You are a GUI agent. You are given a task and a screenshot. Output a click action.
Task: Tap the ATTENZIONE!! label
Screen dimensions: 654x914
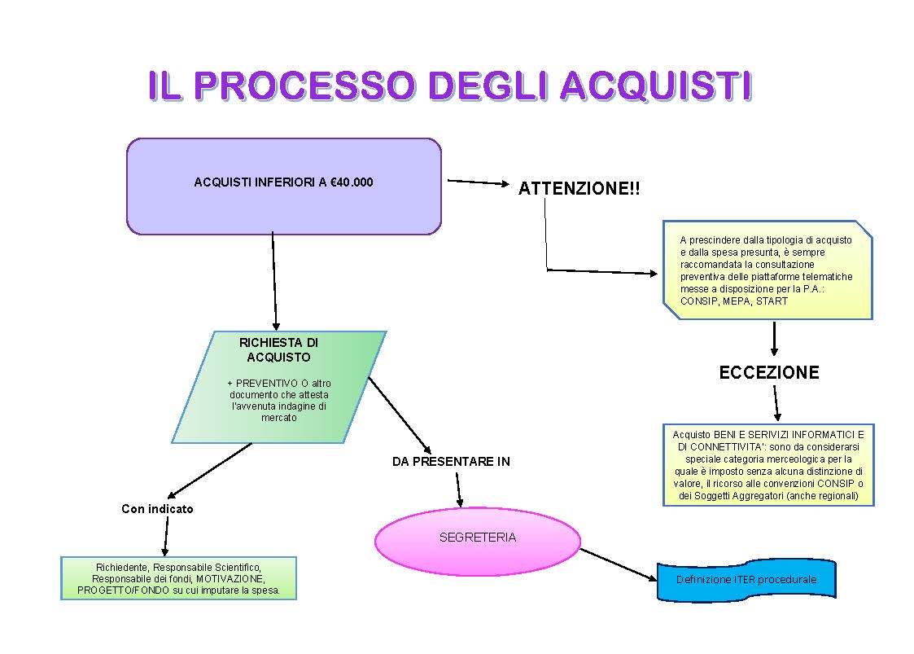579,189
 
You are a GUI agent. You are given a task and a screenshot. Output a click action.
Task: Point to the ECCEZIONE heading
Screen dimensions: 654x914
768,373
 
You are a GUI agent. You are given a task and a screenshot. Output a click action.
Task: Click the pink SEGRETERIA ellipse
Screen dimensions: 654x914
477,538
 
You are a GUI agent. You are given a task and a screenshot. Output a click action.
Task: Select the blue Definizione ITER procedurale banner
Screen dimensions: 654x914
746,581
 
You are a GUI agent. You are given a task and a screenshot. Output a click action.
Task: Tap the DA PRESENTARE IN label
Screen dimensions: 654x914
451,462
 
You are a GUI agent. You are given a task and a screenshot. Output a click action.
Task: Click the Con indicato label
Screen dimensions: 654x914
157,509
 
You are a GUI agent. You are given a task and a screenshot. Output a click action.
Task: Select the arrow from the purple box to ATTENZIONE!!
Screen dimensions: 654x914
478,182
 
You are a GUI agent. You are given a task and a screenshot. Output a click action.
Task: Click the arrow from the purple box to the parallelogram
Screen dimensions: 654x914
274,281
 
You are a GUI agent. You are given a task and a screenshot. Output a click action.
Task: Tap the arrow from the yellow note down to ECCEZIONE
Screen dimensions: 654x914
773,338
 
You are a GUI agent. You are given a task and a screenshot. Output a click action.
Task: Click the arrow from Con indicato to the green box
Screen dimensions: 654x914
166,537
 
